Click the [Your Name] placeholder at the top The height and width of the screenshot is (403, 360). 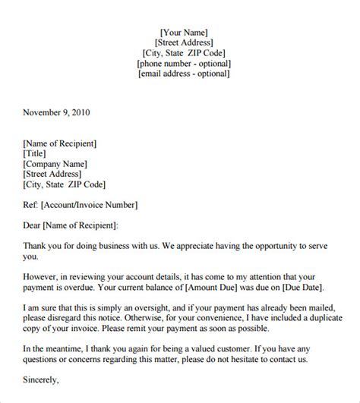185,32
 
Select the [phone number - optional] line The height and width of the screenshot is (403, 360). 185,64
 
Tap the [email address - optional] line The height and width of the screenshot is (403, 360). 185,74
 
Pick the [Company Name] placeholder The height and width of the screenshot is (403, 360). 55,163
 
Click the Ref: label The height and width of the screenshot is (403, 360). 30,204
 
